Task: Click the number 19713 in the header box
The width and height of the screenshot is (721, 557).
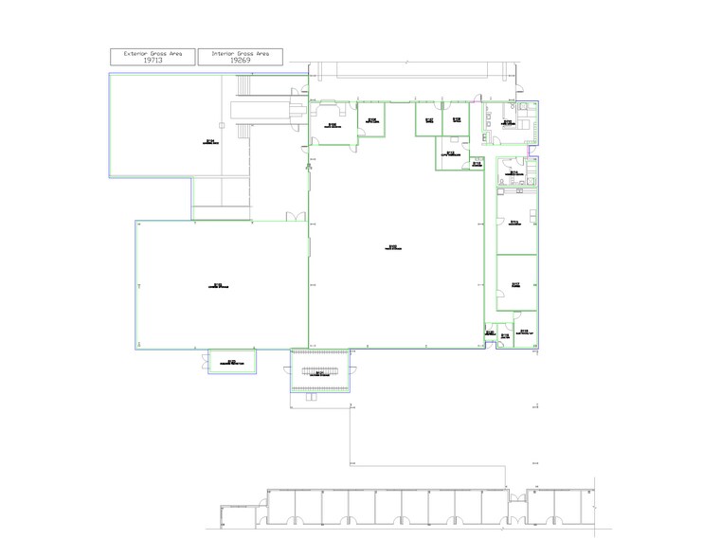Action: tap(153, 61)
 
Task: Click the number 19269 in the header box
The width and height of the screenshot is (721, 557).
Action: tap(240, 61)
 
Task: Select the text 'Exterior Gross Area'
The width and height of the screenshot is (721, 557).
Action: tap(153, 53)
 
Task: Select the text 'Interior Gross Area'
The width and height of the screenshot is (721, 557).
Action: tap(240, 53)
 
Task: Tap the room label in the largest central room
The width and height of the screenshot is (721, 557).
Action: tap(392, 248)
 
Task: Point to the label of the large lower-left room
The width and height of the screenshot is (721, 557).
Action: tap(219, 284)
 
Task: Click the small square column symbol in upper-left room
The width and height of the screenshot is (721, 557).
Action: tap(220, 123)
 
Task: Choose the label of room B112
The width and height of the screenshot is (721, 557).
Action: tap(451, 153)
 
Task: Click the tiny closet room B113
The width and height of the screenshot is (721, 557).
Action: tap(478, 163)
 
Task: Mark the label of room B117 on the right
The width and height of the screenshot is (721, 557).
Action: tap(515, 283)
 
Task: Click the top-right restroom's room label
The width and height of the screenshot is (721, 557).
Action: tap(508, 122)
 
